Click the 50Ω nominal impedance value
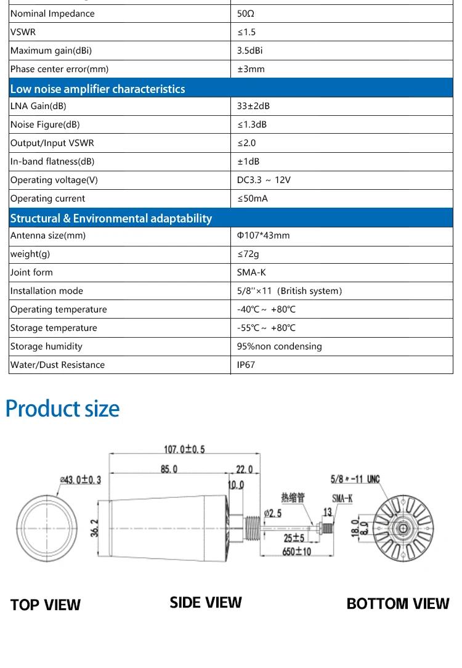click(246, 14)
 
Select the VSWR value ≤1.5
click(246, 32)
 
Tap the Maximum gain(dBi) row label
click(51, 51)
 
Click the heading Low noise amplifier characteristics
click(97, 89)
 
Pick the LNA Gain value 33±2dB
click(253, 106)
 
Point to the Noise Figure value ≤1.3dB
click(252, 124)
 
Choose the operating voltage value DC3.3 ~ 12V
click(264, 180)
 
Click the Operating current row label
click(47, 198)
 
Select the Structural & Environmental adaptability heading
click(111, 218)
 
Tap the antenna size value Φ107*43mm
click(263, 235)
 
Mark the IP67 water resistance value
click(246, 365)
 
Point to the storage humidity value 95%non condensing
click(279, 346)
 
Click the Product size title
click(62, 409)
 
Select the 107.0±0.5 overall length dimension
click(184, 449)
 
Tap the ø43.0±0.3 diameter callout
click(80, 480)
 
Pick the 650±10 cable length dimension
click(297, 552)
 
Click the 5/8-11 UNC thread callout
click(355, 479)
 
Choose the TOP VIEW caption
click(46, 605)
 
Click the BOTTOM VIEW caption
click(398, 603)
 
